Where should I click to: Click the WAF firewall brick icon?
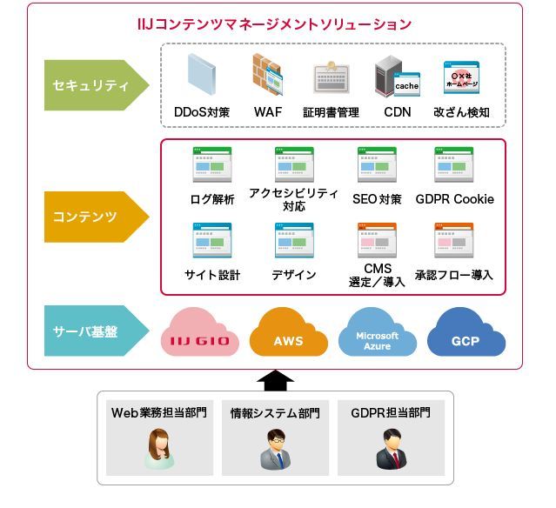coord(267,76)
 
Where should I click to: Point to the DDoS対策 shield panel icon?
coord(202,76)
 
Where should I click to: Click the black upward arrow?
coord(277,380)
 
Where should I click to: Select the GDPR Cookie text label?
coord(454,199)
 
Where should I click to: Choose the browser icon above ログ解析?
coord(211,164)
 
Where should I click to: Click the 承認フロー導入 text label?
coord(454,275)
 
